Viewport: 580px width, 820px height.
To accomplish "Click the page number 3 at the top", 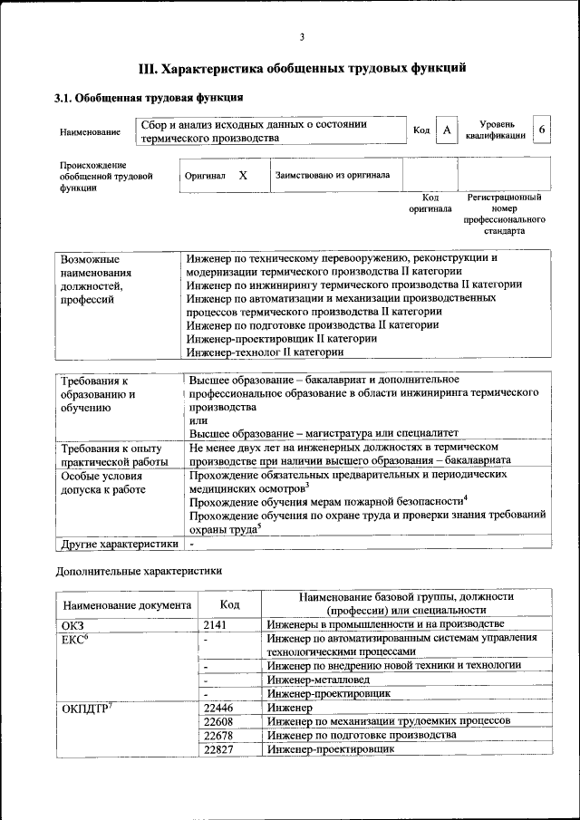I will pyautogui.click(x=302, y=36).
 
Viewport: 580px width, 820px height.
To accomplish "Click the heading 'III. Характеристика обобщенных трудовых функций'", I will pyautogui.click(x=302, y=68).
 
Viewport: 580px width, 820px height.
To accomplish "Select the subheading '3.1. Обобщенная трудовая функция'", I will pyautogui.click(x=148, y=98).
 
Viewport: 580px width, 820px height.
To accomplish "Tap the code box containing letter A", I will pyautogui.click(x=446, y=131).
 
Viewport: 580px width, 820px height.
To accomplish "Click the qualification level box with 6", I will pyautogui.click(x=541, y=130).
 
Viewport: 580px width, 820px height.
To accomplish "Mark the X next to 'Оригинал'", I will pyautogui.click(x=243, y=175).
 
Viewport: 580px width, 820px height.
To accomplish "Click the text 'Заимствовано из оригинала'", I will pyautogui.click(x=333, y=175).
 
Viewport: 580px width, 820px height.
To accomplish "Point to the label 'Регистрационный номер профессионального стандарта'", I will pyautogui.click(x=504, y=214).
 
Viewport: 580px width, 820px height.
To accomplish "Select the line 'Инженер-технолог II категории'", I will pyautogui.click(x=265, y=352).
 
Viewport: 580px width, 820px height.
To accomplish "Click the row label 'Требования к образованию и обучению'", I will pyautogui.click(x=99, y=394).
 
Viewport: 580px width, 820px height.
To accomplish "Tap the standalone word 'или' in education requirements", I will pyautogui.click(x=198, y=420).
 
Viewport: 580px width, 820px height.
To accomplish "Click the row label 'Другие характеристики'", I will pyautogui.click(x=118, y=544).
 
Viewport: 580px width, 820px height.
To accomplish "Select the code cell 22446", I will pyautogui.click(x=219, y=708).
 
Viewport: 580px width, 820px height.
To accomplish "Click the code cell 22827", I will pyautogui.click(x=219, y=749).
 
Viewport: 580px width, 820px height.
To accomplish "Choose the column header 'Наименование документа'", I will pyautogui.click(x=127, y=604).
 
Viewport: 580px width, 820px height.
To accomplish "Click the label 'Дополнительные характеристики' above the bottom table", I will pyautogui.click(x=139, y=571).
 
